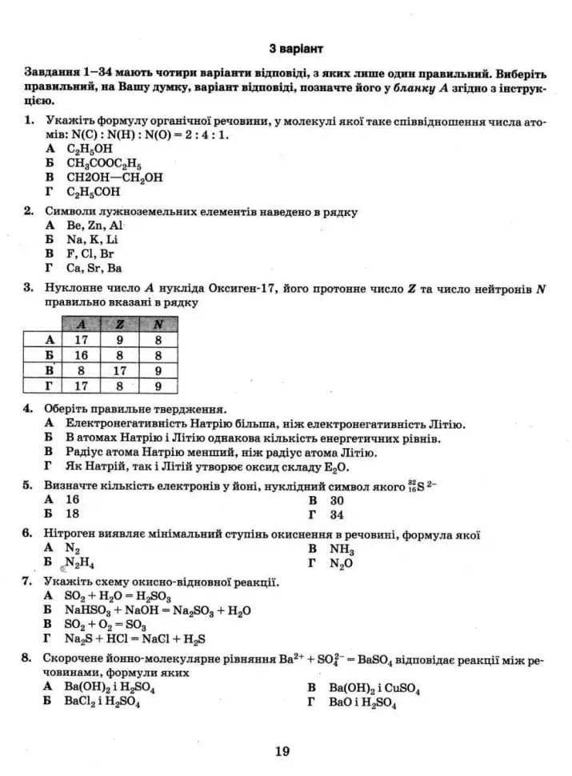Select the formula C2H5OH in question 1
point(90,149)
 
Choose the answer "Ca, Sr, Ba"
point(94,268)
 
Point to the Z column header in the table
point(120,324)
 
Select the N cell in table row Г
point(158,386)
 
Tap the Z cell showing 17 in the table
point(120,370)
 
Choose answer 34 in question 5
point(337,514)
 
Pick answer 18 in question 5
point(73,514)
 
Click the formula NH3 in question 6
point(342,550)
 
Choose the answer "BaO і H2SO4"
point(362,702)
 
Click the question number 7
point(28,581)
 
